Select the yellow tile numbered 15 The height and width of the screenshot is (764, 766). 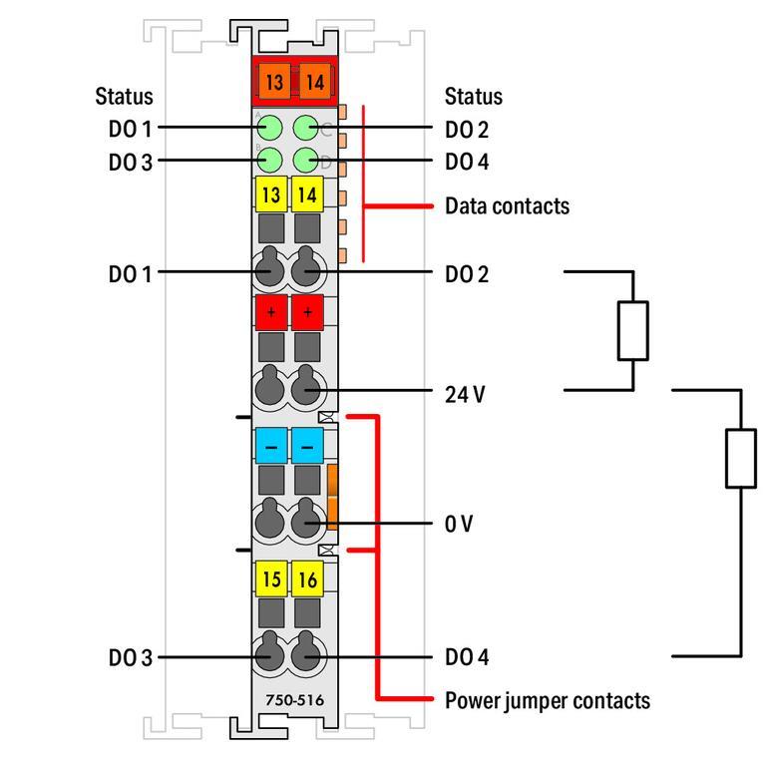pos(271,578)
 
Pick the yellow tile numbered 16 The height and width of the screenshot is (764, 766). pos(307,578)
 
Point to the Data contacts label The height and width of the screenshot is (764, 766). pos(507,206)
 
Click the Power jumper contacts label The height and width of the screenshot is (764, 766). pos(547,700)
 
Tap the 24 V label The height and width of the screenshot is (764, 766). pos(465,394)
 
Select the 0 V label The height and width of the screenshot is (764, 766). pos(459,524)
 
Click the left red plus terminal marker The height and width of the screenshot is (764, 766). pos(271,312)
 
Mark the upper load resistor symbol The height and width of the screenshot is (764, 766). pos(632,330)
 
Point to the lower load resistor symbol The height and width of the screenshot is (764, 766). pos(740,458)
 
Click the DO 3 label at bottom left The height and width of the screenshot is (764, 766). pos(131,658)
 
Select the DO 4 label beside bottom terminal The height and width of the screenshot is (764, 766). pos(467,658)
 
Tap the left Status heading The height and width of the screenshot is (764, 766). pos(125,97)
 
